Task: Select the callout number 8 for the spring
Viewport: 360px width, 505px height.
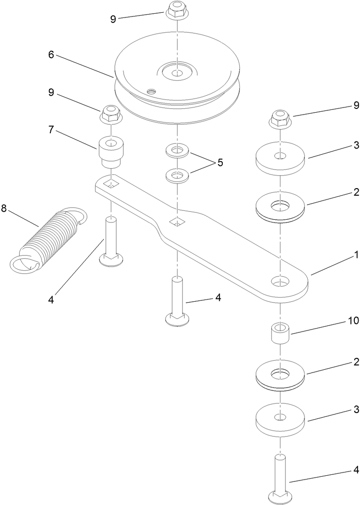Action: coord(4,208)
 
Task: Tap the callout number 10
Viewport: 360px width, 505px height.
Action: coord(353,321)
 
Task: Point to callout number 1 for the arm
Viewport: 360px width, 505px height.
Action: coord(356,255)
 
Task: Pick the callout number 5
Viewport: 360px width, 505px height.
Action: coord(220,163)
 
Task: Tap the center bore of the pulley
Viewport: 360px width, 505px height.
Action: coord(177,73)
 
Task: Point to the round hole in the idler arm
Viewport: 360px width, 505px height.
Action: coord(279,282)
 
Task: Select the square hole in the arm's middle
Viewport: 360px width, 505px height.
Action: coord(177,221)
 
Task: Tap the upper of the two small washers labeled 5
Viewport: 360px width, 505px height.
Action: coord(177,151)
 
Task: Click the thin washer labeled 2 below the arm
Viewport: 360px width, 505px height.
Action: coord(280,375)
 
